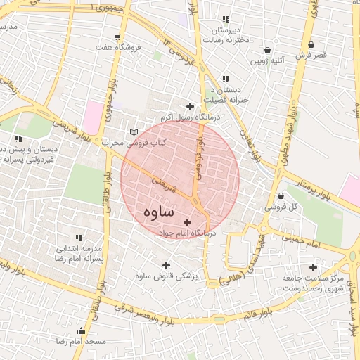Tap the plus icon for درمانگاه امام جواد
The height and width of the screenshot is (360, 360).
(187, 222)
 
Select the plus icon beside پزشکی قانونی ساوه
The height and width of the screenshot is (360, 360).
(167, 265)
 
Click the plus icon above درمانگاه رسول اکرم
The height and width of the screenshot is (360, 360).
(190, 106)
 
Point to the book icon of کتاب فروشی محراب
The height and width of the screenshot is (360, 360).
(134, 132)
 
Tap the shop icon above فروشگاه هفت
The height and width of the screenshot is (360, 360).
(117, 37)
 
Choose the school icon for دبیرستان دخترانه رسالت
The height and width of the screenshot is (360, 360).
(226, 20)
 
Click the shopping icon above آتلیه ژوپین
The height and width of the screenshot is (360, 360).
(268, 51)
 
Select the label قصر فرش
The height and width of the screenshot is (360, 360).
(310, 54)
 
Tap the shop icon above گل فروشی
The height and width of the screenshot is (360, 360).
(281, 195)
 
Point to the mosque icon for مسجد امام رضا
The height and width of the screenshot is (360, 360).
(82, 330)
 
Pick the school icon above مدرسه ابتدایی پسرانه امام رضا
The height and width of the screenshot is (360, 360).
(79, 238)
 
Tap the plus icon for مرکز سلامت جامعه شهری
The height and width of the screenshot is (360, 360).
(313, 267)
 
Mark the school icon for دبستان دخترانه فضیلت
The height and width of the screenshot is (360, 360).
(226, 79)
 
